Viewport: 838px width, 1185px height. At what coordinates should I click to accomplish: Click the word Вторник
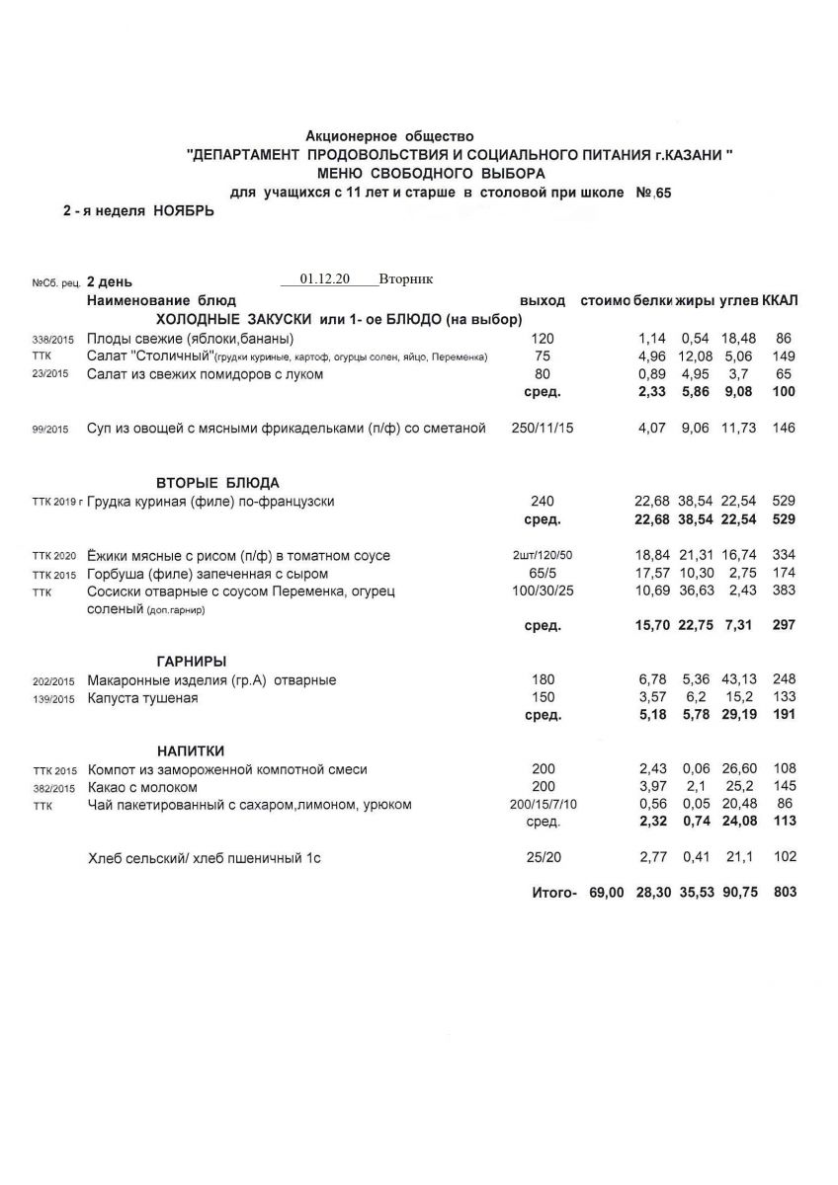click(405, 279)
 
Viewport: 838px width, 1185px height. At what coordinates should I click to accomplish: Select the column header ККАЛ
click(781, 299)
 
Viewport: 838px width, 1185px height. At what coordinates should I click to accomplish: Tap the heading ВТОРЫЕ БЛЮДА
click(217, 483)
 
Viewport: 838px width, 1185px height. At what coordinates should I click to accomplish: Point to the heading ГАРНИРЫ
click(192, 661)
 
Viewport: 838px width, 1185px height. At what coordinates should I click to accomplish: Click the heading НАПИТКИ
click(192, 750)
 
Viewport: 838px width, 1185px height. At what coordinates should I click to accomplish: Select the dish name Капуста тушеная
click(142, 698)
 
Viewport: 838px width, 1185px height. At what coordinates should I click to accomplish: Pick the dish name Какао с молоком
click(142, 787)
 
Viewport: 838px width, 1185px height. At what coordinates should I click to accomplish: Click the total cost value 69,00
click(605, 892)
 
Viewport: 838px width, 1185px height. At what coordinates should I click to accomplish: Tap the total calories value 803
click(786, 892)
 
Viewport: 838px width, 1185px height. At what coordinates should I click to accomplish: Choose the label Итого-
click(553, 892)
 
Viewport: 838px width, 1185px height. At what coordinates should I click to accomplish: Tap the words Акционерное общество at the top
click(390, 135)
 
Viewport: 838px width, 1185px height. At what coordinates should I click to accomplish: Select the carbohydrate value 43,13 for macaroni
click(736, 679)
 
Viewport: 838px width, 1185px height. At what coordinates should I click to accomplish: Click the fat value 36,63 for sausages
click(696, 592)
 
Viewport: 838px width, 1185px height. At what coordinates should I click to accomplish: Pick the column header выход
click(543, 299)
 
